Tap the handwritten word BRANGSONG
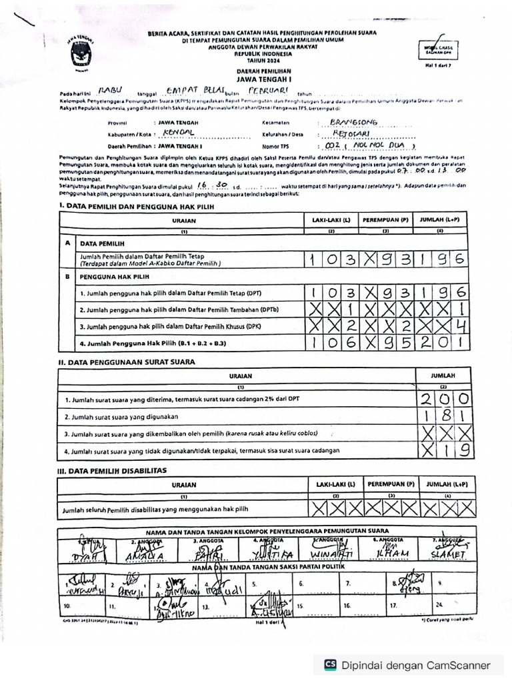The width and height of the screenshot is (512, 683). click(355, 123)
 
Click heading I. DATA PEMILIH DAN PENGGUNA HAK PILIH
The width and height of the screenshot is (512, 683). click(153, 207)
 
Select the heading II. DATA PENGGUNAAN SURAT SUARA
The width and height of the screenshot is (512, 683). click(127, 362)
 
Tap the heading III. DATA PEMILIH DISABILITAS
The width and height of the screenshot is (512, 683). click(112, 470)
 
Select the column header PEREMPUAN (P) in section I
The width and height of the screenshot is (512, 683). click(385, 219)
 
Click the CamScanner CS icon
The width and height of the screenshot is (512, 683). click(330, 665)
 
